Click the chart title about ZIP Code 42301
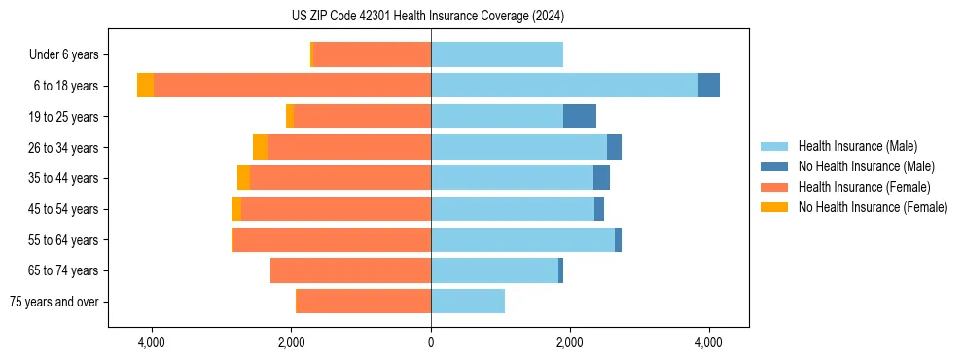[427, 17]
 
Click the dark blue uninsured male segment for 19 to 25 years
[580, 117]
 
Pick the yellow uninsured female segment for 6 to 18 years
[145, 86]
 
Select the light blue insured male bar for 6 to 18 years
[564, 86]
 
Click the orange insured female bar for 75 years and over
[363, 302]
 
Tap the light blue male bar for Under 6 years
[497, 55]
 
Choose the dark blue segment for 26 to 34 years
[614, 147]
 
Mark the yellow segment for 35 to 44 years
[243, 178]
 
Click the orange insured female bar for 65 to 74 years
[350, 270]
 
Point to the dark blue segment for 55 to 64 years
[618, 239]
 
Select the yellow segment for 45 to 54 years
[236, 209]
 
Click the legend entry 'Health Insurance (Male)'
[857, 146]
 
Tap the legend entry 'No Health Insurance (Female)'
[873, 207]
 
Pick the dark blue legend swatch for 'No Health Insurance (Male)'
[774, 166]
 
